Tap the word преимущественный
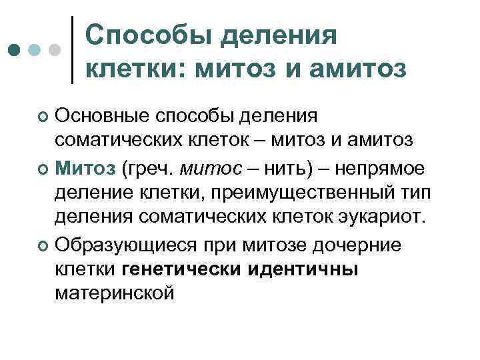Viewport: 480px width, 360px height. coord(307,195)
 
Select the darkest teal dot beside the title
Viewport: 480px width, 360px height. coord(15,50)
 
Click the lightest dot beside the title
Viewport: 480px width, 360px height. coord(55,50)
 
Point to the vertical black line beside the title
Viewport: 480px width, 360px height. coord(72,49)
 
